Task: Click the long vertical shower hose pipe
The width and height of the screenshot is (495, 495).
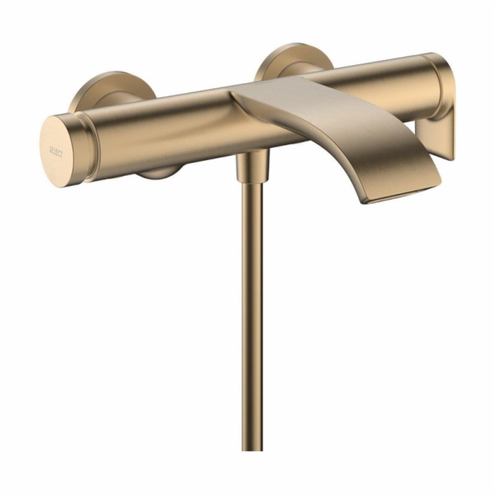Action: (250, 313)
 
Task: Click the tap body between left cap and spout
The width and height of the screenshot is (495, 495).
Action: (165, 124)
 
